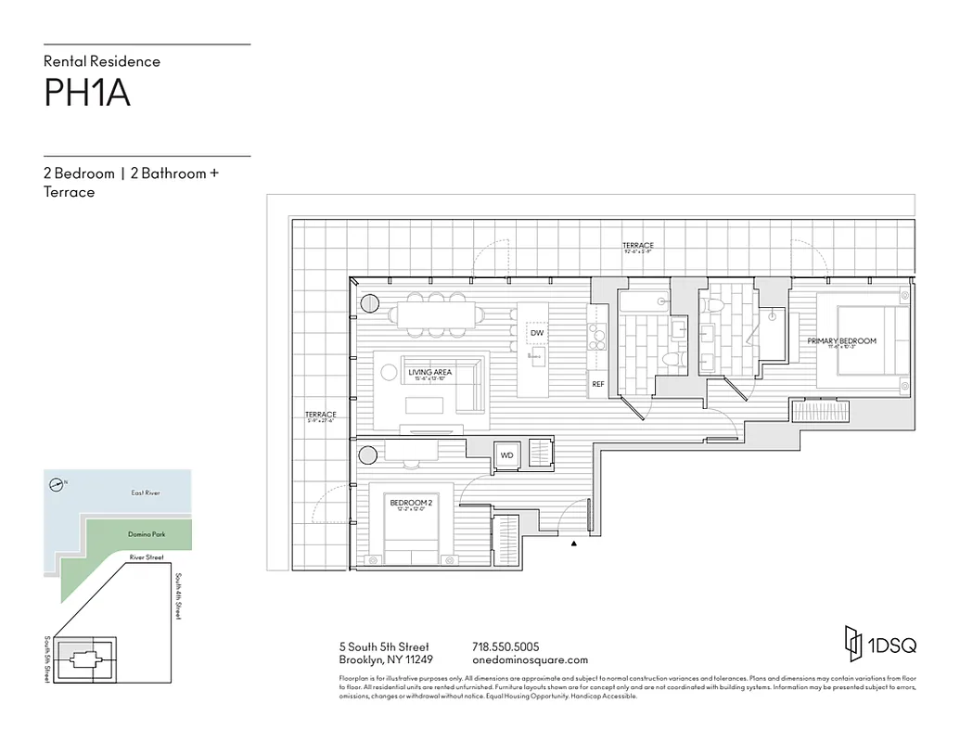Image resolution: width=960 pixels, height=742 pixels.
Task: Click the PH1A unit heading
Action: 87,94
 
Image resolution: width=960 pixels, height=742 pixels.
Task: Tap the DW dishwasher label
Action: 536,332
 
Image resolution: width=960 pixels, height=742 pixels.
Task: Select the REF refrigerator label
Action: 597,383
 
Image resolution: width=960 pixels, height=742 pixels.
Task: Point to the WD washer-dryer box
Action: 507,455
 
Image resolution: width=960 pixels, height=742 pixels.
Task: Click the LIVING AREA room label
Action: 429,372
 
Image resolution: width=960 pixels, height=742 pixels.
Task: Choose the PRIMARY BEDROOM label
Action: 841,341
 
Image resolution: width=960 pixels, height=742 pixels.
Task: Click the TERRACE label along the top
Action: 638,245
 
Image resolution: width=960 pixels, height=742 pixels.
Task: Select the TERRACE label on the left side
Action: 321,415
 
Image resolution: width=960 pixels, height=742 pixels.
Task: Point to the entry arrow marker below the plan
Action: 575,544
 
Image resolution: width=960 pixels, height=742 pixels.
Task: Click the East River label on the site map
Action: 146,493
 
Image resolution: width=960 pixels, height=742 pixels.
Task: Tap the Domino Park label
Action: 146,534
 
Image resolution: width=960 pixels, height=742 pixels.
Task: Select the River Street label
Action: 147,557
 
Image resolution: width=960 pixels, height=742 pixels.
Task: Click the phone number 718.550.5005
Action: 506,646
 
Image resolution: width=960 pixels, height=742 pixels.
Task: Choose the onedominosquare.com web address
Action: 530,660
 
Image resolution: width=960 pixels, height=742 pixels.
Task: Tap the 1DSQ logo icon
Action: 852,641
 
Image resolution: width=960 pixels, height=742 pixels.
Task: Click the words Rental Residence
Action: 102,61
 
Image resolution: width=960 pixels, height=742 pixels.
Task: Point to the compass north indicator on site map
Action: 58,483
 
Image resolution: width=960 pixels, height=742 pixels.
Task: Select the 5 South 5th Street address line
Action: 384,646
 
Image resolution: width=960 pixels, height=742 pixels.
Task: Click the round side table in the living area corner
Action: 369,302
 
